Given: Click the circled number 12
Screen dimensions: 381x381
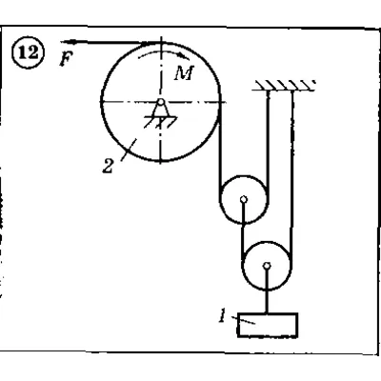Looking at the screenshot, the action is point(30,52).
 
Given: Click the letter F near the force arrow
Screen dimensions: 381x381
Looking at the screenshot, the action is point(67,58).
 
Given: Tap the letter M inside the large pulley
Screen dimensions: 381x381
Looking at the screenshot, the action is point(184,73).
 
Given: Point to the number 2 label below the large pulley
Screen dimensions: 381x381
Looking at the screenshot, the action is point(108,166).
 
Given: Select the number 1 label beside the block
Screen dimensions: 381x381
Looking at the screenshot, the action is point(223,316).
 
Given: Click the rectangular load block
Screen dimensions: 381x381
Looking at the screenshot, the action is point(268,325).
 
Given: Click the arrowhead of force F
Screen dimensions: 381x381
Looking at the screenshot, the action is point(68,42).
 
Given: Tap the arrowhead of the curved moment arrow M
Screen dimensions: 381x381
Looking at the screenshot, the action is point(185,56).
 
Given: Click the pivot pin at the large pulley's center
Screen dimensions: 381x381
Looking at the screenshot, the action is point(161,102).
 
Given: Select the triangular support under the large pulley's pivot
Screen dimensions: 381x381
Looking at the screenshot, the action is point(161,110).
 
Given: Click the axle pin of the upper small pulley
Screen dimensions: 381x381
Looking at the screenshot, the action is point(244,199).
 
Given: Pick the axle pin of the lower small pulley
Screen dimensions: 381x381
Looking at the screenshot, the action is point(268,265).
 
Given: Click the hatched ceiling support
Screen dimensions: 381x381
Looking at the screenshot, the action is point(284,86).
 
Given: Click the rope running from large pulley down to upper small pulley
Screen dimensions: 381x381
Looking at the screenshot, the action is point(219,150).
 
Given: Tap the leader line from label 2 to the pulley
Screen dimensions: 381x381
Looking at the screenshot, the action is point(129,150).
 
